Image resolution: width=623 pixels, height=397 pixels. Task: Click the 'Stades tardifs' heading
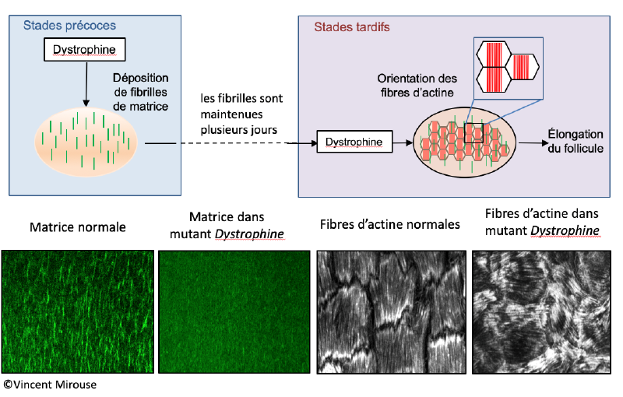pos(352,26)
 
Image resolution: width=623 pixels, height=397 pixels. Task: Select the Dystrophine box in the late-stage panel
pos(353,142)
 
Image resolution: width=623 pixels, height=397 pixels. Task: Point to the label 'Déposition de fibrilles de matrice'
pos(140,92)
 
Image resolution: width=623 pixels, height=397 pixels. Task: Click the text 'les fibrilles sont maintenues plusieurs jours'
pos(241,113)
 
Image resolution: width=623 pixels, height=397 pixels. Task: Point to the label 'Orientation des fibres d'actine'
pos(416,86)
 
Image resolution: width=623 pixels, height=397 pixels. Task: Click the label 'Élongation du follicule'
pos(575,141)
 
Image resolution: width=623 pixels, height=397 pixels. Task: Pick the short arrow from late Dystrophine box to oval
pos(402,142)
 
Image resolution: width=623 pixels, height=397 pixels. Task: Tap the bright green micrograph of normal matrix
pos(78,311)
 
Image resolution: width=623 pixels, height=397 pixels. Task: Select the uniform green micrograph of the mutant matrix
pos(234,311)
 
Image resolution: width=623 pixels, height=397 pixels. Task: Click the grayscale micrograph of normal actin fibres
pos(391,311)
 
